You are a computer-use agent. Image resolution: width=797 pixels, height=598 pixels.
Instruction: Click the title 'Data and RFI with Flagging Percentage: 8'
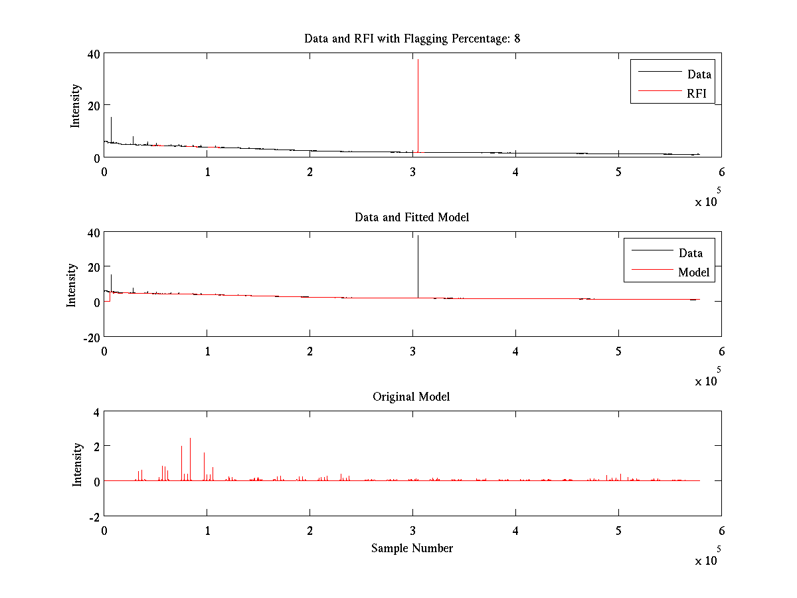pos(412,39)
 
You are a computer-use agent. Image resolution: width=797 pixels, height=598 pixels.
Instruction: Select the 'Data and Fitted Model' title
pos(412,217)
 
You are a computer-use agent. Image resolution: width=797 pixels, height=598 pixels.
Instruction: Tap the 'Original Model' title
pos(412,397)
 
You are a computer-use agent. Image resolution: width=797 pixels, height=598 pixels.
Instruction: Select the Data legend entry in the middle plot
pos(690,252)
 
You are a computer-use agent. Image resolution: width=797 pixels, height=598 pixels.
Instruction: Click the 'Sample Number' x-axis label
pos(412,548)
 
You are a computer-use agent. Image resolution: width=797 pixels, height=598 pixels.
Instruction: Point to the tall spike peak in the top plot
pos(418,60)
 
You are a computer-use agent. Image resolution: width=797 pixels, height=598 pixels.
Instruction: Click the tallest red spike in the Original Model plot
pos(190,439)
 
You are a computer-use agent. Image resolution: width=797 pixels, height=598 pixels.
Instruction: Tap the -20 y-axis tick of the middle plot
pos(91,337)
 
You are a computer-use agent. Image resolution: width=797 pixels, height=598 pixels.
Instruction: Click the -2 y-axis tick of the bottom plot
pos(95,516)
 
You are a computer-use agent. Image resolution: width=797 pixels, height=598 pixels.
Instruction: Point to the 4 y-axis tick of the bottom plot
pos(96,412)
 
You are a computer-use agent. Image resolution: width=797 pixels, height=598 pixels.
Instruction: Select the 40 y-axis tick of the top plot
pos(93,54)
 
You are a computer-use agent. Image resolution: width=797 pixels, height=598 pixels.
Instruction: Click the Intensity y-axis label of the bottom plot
pos(78,464)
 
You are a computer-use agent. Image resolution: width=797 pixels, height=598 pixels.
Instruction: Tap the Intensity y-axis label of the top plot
pos(75,105)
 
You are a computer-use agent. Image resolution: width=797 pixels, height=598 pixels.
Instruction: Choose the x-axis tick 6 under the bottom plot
pos(721,530)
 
